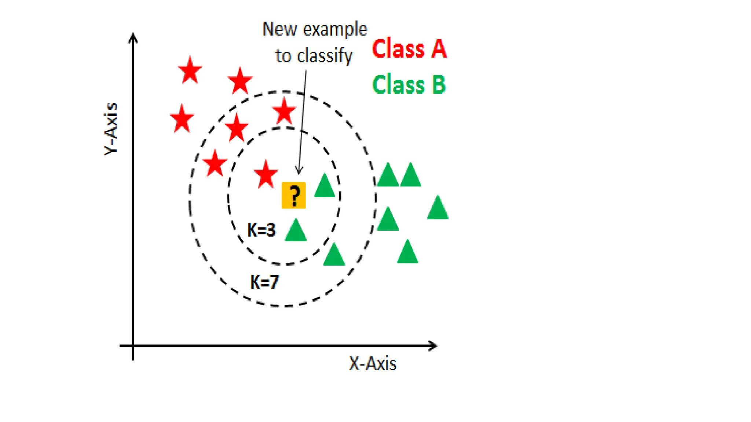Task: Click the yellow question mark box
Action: [x=293, y=195]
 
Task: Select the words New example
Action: [x=315, y=29]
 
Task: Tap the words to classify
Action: [x=314, y=56]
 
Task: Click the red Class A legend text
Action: [x=409, y=49]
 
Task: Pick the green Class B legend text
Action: [x=409, y=85]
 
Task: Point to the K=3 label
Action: [x=261, y=230]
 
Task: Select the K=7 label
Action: [x=264, y=282]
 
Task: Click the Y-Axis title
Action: [x=111, y=129]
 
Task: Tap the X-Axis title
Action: [x=373, y=364]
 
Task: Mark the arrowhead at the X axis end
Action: [x=434, y=345]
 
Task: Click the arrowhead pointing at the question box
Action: [x=299, y=171]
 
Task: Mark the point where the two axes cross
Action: [x=133, y=345]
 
